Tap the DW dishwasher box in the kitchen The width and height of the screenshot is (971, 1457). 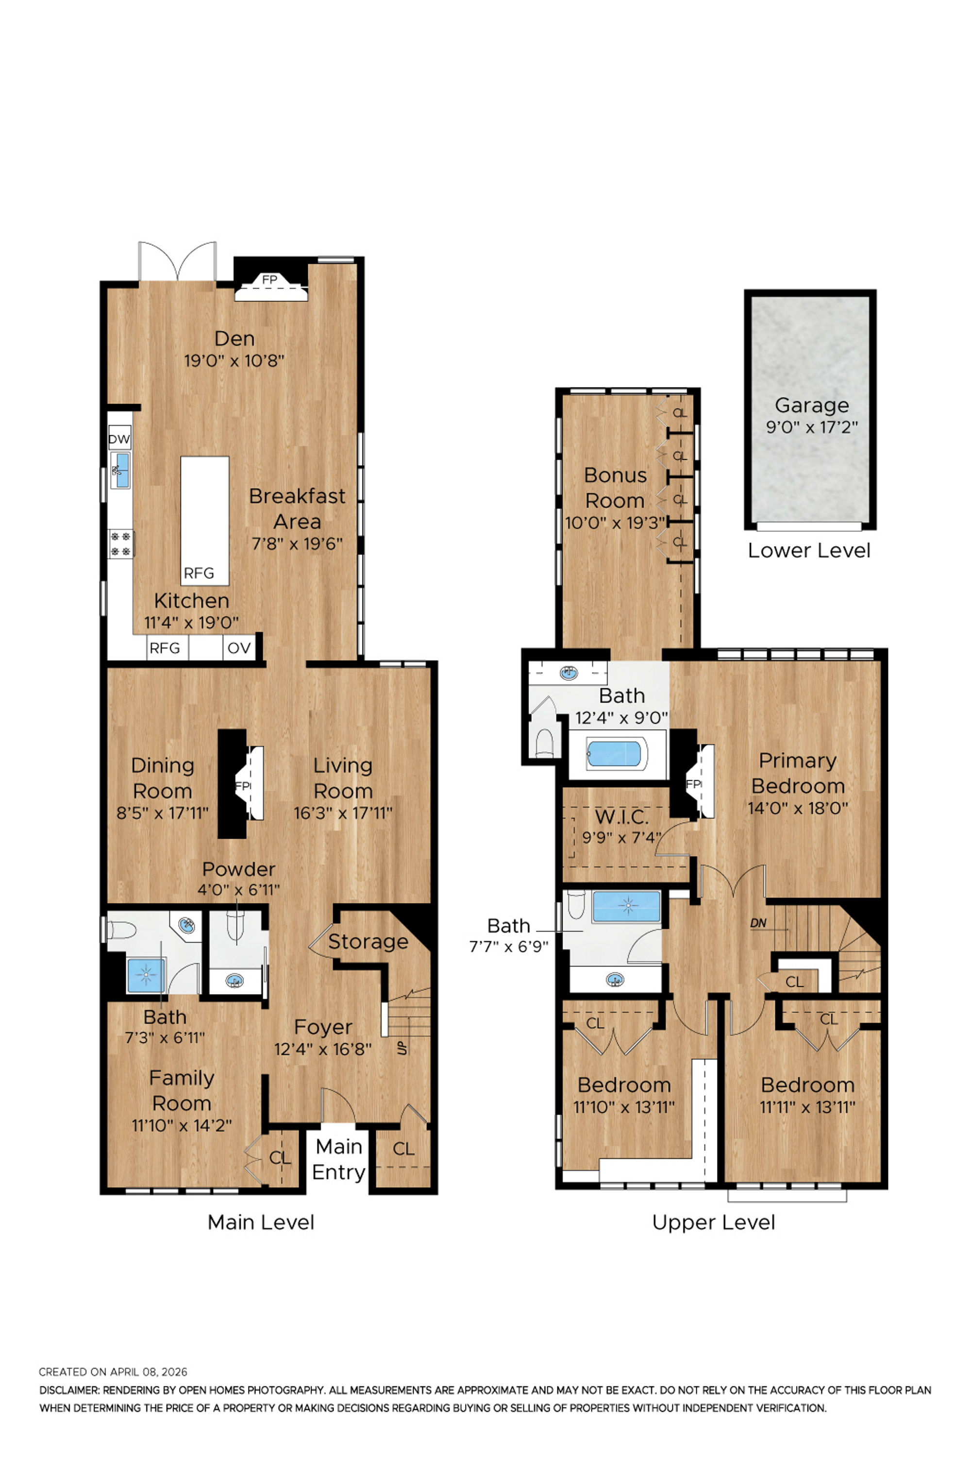pos(119,439)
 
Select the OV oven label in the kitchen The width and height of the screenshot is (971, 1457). pos(239,648)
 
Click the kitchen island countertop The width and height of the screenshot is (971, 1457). pos(205,520)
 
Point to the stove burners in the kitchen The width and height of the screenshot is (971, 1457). pos(120,543)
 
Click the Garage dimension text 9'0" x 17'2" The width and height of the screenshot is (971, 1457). pos(812,427)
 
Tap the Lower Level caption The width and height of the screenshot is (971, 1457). pos(809,550)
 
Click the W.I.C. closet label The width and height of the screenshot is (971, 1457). pos(622,816)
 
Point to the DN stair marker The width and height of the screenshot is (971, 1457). pos(758,923)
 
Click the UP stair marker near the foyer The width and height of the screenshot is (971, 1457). pos(402,1048)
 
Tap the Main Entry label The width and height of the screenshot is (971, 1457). pos(339,1159)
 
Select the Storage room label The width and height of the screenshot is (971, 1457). pos(368,941)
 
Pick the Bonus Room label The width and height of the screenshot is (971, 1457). pos(615,488)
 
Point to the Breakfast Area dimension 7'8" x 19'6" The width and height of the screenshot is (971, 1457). pos(297,543)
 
